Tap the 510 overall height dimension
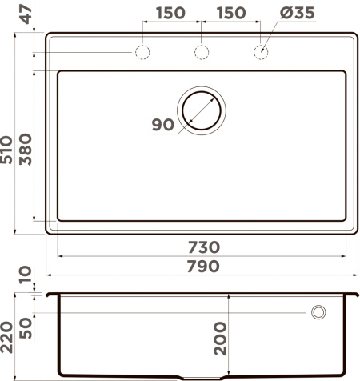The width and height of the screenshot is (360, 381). pos(8,150)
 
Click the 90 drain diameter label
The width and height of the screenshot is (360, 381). pos(162,124)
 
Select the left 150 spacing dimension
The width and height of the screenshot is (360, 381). pos(170,13)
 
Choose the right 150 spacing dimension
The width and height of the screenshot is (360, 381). pos(230,13)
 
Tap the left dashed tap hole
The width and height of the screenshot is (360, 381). pos(142,53)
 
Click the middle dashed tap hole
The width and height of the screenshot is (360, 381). pos(202,53)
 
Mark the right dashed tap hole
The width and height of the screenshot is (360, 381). pos(261,53)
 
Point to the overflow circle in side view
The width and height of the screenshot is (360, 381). pos(318,311)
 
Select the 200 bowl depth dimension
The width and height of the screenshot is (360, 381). pos(221,339)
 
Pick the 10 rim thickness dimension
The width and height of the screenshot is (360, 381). pos(26,276)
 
